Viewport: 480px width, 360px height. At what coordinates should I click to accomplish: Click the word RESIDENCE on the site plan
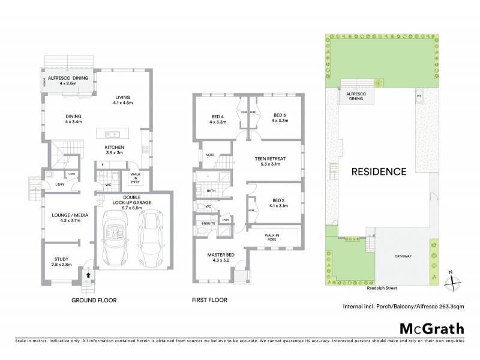[379, 172]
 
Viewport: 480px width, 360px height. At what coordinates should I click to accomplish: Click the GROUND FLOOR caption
[94, 300]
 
